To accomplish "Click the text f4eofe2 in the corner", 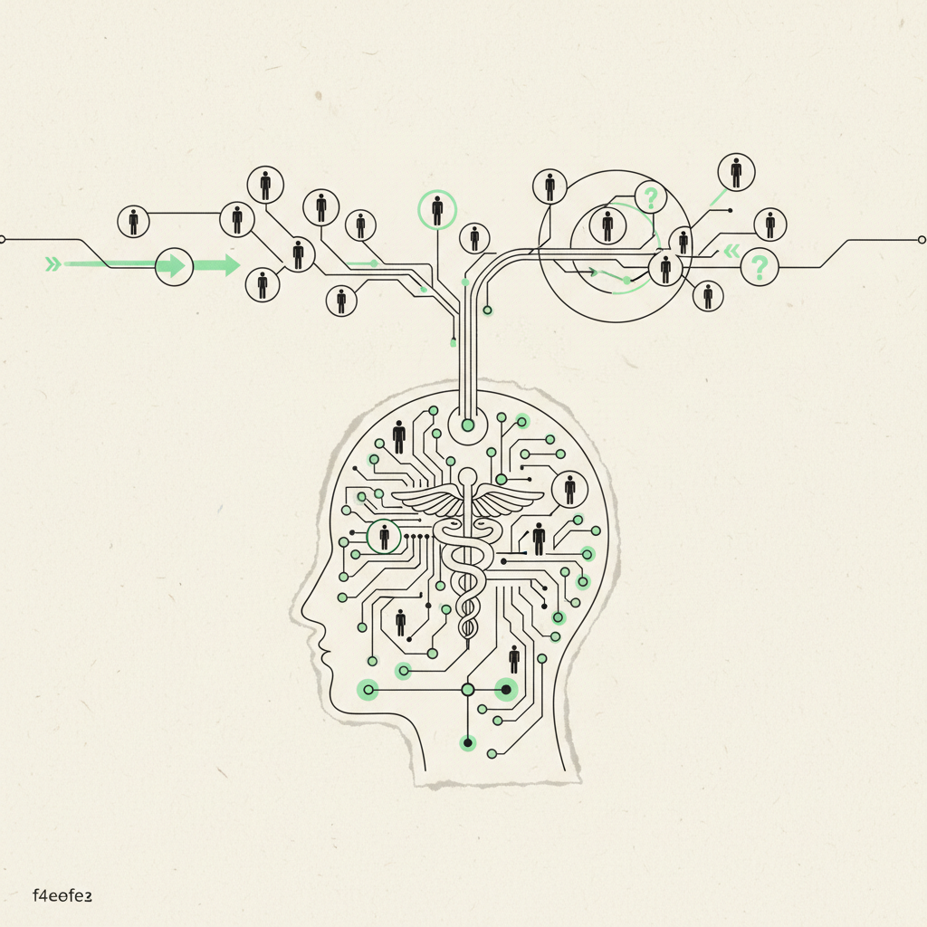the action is [x=62, y=895].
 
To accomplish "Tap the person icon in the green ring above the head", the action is [x=437, y=210].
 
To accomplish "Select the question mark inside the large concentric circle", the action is [x=651, y=197].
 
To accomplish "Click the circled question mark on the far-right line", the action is [x=760, y=267].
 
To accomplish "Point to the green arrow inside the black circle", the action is [x=174, y=266].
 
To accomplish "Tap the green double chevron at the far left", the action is [x=53, y=263].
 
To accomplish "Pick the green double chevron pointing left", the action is [x=731, y=252].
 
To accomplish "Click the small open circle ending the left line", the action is [x=2, y=239].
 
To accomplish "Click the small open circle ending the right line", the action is [x=922, y=240].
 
